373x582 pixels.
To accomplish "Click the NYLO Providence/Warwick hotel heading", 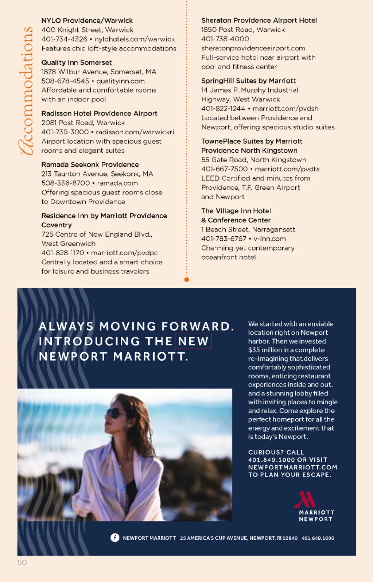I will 87,20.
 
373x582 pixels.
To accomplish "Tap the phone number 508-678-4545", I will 65,81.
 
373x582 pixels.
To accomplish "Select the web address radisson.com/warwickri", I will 135,132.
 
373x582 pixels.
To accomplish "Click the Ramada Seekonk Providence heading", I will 90,164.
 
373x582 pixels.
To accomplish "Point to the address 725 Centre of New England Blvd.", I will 97,234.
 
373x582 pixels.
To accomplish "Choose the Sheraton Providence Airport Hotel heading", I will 259,20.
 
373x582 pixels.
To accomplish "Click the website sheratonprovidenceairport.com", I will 253,48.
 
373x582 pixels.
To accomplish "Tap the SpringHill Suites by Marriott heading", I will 248,81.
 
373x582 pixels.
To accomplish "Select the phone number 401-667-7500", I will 224,169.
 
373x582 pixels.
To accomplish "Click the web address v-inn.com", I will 270,238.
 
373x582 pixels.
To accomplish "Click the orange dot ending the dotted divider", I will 187,280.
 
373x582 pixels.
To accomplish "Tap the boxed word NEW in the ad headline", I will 193,341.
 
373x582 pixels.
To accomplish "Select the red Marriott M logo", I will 305,499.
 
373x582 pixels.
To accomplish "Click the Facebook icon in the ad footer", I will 115,538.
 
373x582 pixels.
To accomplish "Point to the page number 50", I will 22,562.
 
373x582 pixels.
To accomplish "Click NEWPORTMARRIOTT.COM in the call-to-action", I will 293,467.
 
